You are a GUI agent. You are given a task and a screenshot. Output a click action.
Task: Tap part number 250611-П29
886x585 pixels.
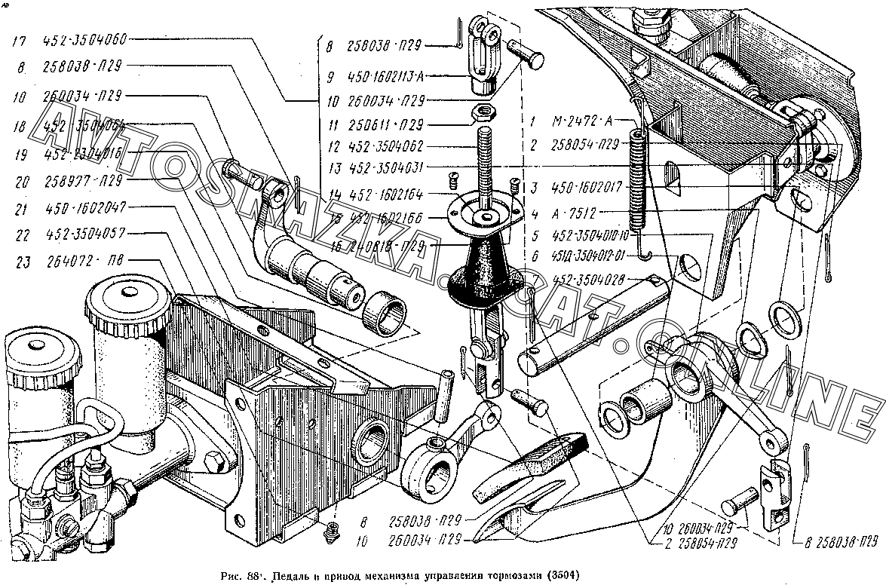click(385, 124)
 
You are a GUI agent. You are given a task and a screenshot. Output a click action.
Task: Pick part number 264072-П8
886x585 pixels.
click(84, 261)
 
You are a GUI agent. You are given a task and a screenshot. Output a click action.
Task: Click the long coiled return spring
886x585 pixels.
click(638, 177)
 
